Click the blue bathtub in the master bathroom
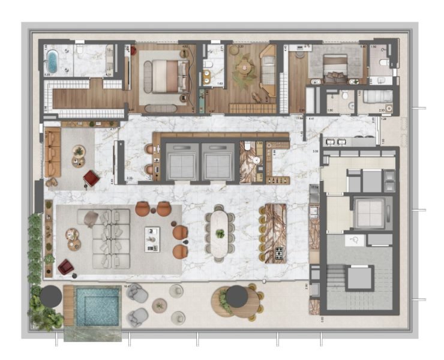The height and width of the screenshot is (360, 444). [x=52, y=61]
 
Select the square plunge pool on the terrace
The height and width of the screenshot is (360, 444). [x=96, y=306]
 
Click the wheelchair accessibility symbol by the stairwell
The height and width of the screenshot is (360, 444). [x=354, y=240]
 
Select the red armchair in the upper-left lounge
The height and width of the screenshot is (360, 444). [x=91, y=178]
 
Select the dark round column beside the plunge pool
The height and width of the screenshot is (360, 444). [x=50, y=296]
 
